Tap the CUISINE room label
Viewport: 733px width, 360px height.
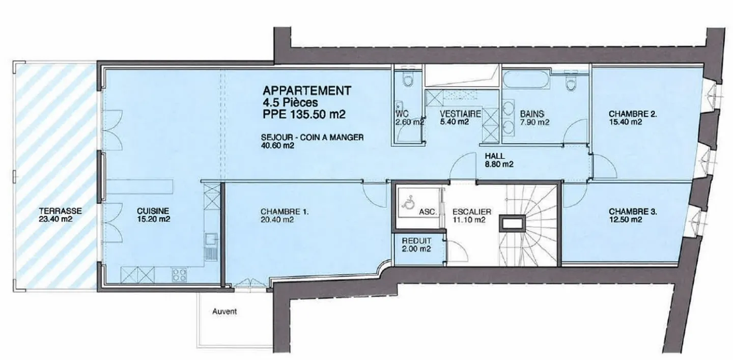click(153, 210)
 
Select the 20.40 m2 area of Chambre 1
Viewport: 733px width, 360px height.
click(276, 220)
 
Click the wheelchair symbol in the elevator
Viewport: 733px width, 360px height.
click(407, 203)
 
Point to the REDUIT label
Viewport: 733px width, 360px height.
click(416, 240)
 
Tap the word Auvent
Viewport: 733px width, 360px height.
click(224, 311)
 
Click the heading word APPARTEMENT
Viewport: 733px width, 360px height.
click(306, 91)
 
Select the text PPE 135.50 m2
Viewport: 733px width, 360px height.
click(304, 115)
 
